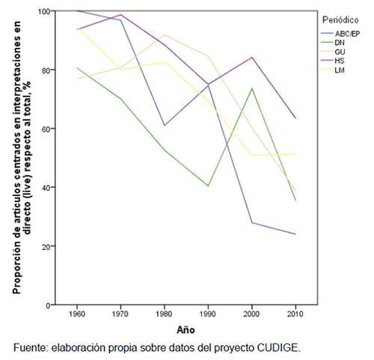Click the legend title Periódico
point(340,20)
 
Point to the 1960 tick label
point(77,314)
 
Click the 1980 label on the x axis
point(164,314)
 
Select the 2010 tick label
point(295,314)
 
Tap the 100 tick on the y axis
point(44,11)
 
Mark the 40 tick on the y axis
point(46,187)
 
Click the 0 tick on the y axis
point(49,305)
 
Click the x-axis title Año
point(186,330)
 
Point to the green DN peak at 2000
point(252,88)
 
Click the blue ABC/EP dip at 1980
point(165,126)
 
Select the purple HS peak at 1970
point(120,15)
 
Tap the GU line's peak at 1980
point(165,34)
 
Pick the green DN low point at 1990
point(208,186)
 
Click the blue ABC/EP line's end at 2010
point(295,234)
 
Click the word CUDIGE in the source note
point(278,348)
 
